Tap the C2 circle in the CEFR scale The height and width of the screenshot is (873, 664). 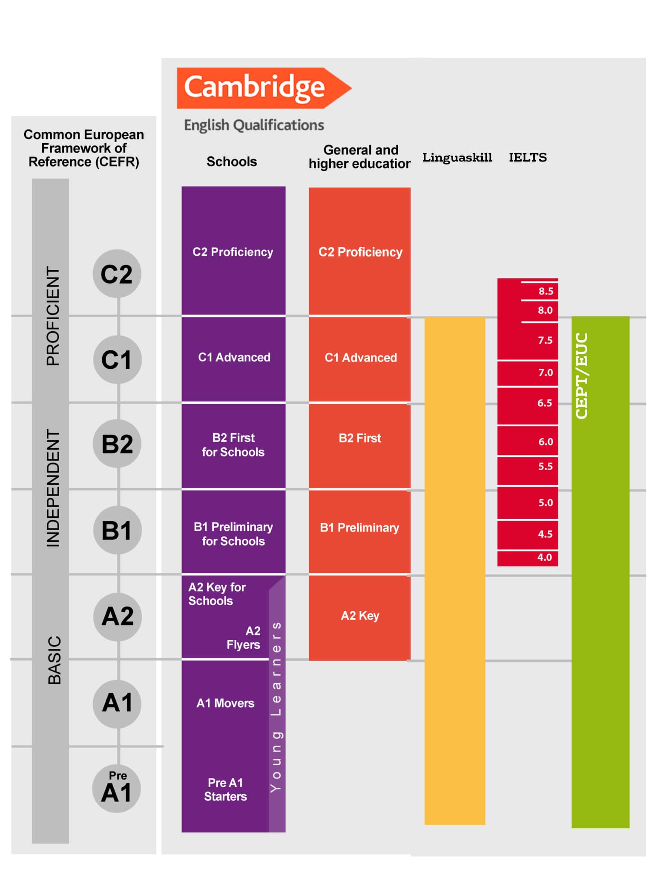(x=117, y=274)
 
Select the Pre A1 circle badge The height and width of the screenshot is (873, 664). (x=117, y=789)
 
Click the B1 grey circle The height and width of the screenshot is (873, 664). (x=117, y=530)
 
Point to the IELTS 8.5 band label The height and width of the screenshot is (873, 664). (x=546, y=291)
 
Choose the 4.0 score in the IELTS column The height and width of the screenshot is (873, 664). (x=544, y=557)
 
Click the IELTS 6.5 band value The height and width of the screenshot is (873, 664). (x=544, y=403)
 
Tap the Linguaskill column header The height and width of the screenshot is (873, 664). (x=457, y=157)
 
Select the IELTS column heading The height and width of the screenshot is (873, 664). (x=528, y=157)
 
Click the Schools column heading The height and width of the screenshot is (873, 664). (x=232, y=162)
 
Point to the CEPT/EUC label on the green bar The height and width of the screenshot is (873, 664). (x=582, y=376)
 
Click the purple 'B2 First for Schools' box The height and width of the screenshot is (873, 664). (x=233, y=445)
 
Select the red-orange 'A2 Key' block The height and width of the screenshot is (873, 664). (x=360, y=616)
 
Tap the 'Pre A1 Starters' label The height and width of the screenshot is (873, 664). (x=225, y=789)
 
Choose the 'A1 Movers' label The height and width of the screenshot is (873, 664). (x=225, y=703)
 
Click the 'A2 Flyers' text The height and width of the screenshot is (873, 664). (x=244, y=638)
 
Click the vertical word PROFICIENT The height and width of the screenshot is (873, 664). (x=53, y=316)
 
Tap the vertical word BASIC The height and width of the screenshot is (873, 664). (x=54, y=660)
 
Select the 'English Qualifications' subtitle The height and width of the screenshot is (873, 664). (x=254, y=125)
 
